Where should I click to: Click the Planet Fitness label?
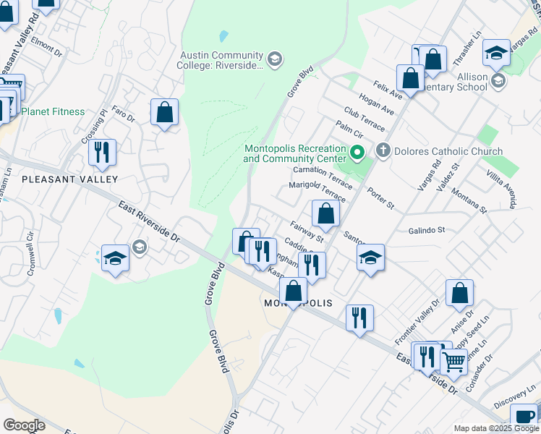tap(53, 111)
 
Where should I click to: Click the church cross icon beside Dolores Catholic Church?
tap(383, 151)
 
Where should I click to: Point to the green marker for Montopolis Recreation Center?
tap(357, 153)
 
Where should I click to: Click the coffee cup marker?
tap(524, 417)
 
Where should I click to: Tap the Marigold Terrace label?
tap(318, 190)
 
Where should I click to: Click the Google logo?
tap(24, 425)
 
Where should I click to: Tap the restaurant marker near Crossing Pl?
tap(102, 152)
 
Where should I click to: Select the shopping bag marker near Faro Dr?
tap(165, 113)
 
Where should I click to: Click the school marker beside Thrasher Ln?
tap(496, 53)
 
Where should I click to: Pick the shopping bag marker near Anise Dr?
tap(459, 293)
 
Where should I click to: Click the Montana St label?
tap(469, 201)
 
